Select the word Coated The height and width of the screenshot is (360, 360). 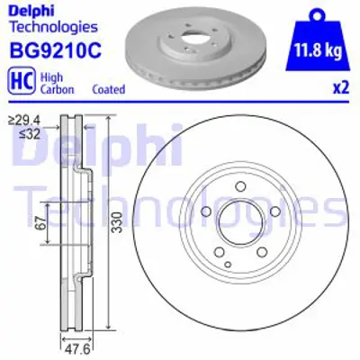(108, 90)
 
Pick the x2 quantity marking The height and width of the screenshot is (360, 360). (340, 90)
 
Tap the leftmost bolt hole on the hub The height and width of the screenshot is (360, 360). (205, 213)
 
